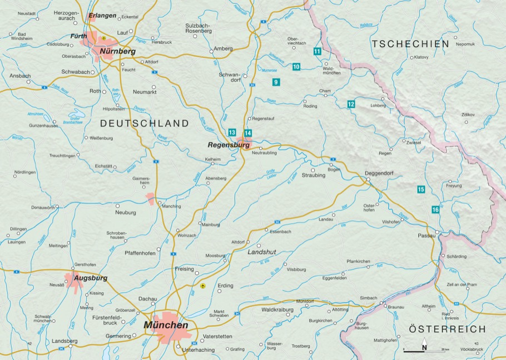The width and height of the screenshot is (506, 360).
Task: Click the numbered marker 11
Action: tap(317, 51)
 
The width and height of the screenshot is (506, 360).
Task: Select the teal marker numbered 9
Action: tap(276, 82)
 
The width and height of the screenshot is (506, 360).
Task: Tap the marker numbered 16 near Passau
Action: tap(435, 209)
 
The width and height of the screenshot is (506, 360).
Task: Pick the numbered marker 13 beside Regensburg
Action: tap(232, 132)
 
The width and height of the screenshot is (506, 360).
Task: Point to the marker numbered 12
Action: tap(351, 104)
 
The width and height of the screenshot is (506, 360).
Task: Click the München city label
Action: tap(166, 325)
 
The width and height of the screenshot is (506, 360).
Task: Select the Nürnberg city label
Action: tap(118, 51)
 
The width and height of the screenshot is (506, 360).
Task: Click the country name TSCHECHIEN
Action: tap(410, 44)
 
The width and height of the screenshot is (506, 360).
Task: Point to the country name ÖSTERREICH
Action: tap(447, 329)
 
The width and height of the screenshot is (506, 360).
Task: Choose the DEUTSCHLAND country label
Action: tap(145, 123)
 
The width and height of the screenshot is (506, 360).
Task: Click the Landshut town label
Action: tap(261, 252)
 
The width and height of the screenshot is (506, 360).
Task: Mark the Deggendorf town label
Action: tap(379, 173)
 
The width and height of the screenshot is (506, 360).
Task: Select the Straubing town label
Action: tap(313, 176)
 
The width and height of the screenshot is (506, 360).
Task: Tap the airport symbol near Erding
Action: tap(203, 286)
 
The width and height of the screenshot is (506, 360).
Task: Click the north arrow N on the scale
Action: tap(424, 347)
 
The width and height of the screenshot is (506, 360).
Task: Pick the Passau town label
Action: tap(426, 236)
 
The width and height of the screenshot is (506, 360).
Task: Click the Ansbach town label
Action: tap(20, 76)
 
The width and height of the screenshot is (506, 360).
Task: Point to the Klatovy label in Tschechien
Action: tap(420, 57)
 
